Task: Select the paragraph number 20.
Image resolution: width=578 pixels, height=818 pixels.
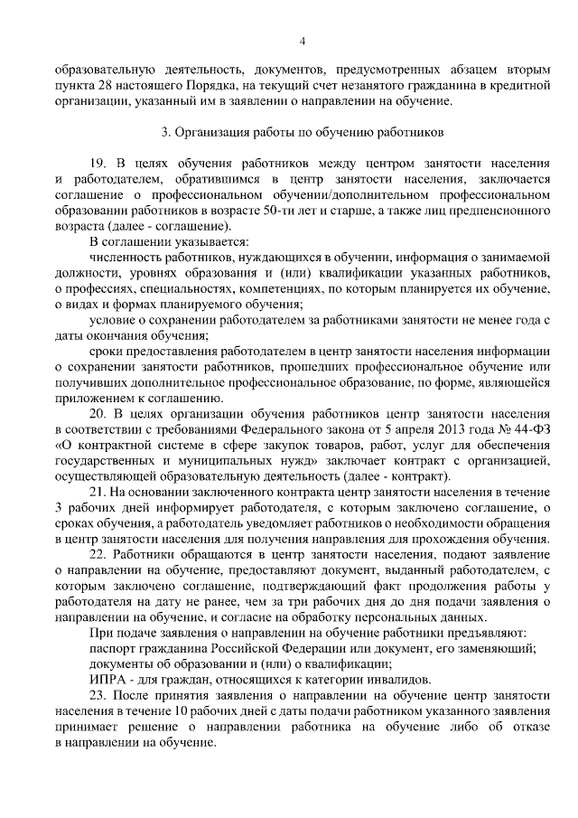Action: click(99, 413)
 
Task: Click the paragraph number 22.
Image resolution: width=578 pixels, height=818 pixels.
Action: click(99, 553)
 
